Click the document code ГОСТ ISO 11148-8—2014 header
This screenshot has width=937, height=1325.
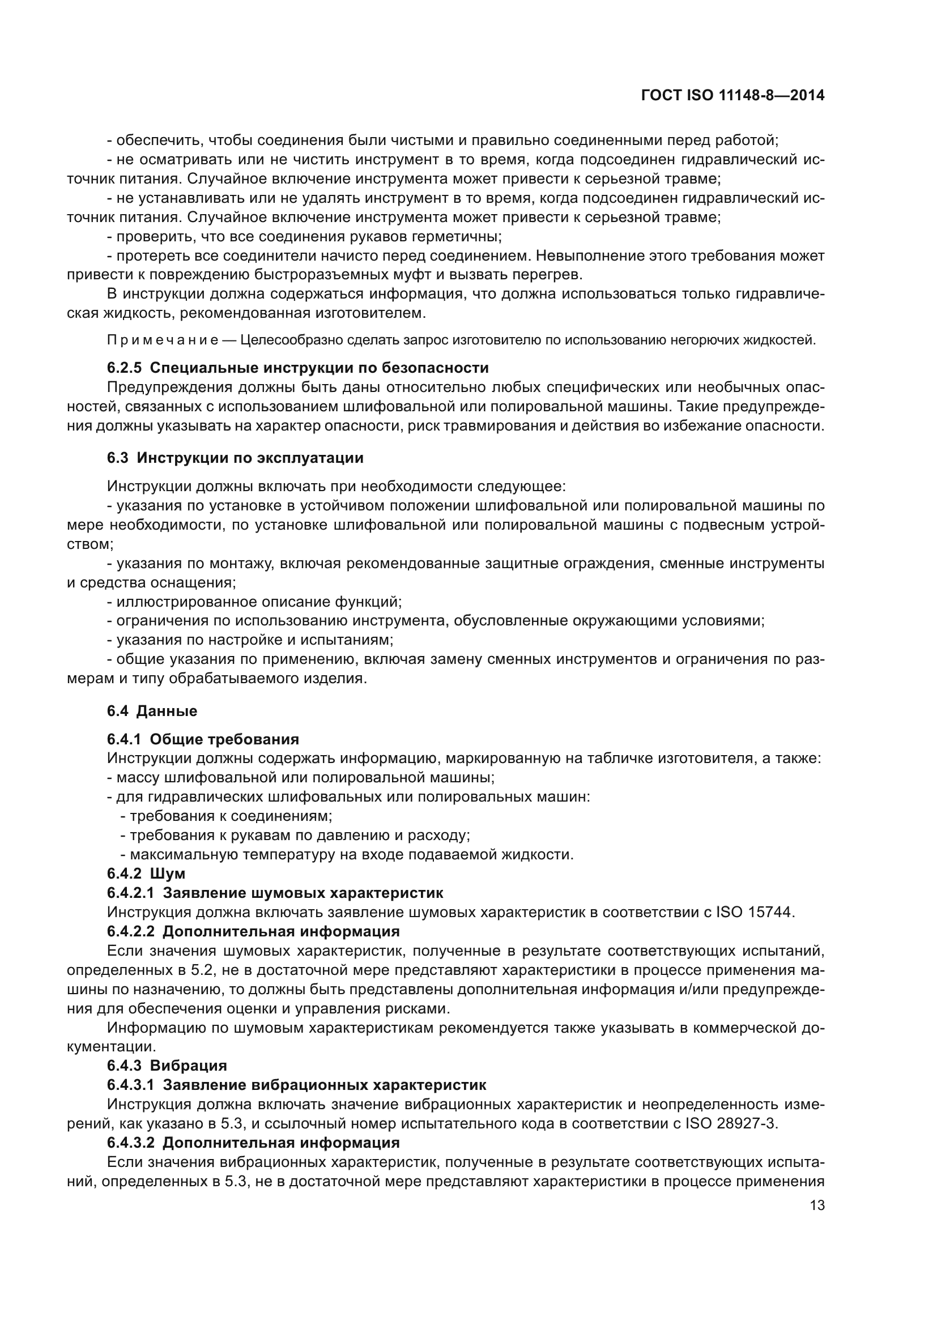click(732, 96)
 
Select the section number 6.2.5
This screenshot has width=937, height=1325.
click(124, 368)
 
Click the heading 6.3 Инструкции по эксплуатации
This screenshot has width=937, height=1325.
click(235, 458)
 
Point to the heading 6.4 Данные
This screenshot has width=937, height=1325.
click(152, 711)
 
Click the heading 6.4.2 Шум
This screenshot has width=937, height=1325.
click(146, 874)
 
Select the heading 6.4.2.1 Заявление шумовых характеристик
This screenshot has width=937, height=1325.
click(275, 893)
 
